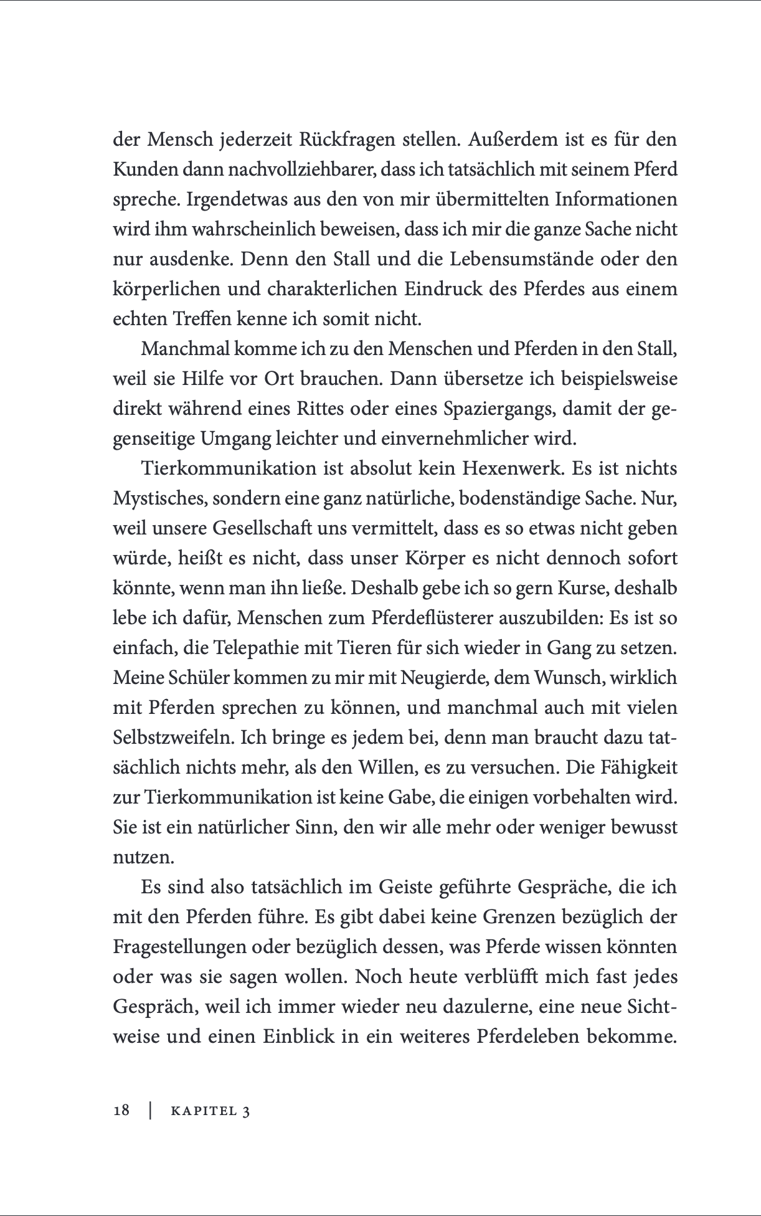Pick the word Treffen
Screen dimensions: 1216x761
pyautogui.click(x=192, y=319)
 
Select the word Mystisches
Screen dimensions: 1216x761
pyautogui.click(x=159, y=498)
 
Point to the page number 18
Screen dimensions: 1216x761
pyautogui.click(x=121, y=1110)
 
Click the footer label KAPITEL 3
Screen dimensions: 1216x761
pyautogui.click(x=210, y=1111)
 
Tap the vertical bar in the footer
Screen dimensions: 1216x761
pyautogui.click(x=150, y=1110)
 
